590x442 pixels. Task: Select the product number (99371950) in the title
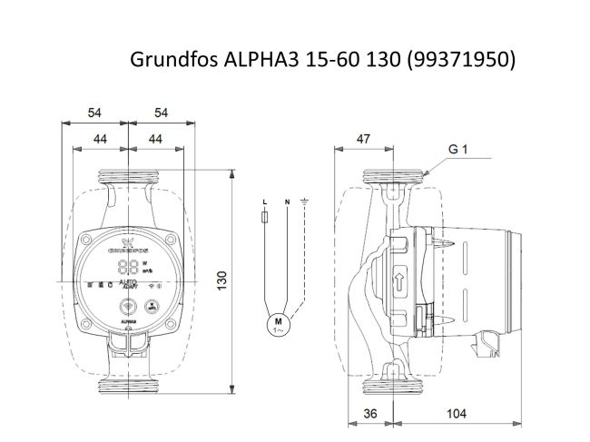[x=463, y=60]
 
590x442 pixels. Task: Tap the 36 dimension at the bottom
[x=369, y=414]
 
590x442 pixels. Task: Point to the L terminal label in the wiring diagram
[x=264, y=201]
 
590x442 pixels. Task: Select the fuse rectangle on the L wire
[x=264, y=219]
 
